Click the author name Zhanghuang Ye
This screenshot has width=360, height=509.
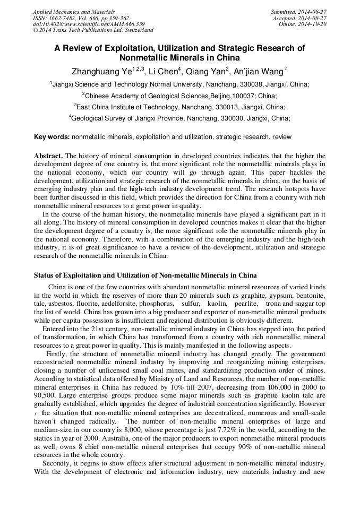(100, 71)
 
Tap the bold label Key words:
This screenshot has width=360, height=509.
(52, 137)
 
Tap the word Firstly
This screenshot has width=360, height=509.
(57, 354)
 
